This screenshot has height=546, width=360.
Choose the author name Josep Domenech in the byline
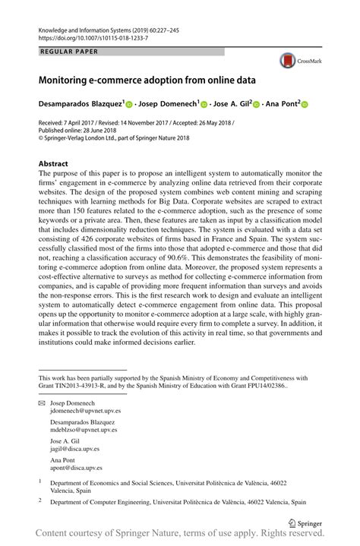[168, 103]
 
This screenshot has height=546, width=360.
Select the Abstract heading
[53, 163]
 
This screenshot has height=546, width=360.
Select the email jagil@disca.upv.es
[75, 450]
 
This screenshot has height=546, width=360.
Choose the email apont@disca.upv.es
[76, 469]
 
